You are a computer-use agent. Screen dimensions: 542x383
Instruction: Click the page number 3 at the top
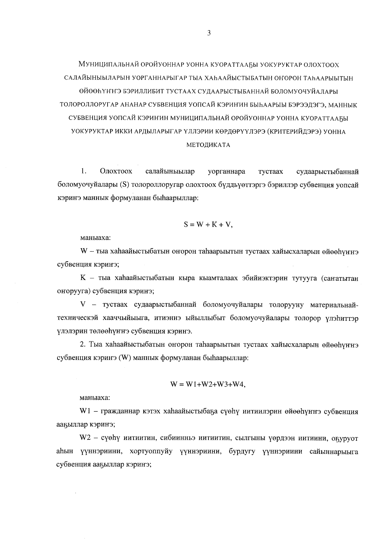coord(209,33)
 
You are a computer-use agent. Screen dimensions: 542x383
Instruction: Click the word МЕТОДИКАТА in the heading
coord(208,145)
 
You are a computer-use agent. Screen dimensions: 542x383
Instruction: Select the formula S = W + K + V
coord(208,225)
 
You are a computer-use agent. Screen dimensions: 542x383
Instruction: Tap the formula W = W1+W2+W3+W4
coord(208,385)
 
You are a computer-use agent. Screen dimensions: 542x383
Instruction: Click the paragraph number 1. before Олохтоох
coord(84,172)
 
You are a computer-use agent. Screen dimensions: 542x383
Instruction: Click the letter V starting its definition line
coord(84,305)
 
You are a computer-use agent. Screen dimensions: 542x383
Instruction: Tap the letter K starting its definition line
coord(84,278)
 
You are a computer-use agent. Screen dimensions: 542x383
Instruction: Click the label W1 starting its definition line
coord(86,412)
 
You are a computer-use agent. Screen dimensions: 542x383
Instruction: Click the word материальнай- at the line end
coord(334,305)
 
